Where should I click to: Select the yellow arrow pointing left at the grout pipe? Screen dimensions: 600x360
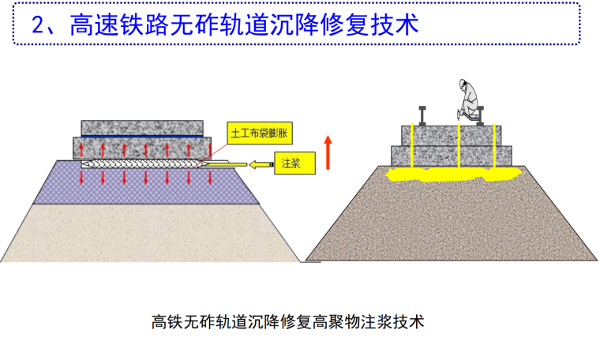point(261,164)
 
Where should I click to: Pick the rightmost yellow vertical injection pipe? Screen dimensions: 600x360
point(494,145)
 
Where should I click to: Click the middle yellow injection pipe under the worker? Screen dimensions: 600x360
point(459,146)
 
